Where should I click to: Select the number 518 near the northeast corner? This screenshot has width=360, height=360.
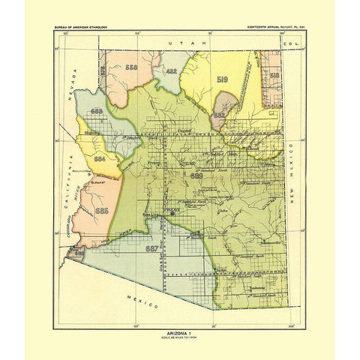click(x=274, y=76)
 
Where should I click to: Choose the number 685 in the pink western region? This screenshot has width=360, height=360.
click(x=102, y=212)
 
